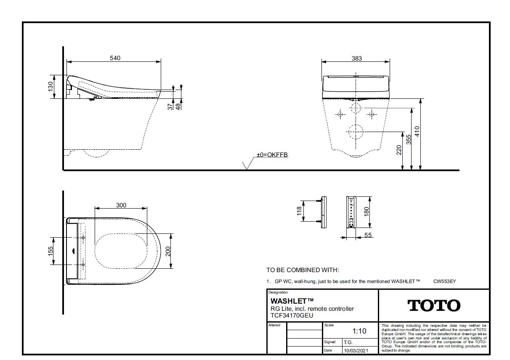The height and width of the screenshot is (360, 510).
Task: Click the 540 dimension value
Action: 115,58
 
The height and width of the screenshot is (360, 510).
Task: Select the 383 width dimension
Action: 357,58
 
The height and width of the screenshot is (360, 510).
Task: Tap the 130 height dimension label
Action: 50,87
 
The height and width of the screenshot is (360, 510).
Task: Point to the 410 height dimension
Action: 417,131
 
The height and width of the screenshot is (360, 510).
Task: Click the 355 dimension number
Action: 409,139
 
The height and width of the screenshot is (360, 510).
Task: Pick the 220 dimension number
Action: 399,150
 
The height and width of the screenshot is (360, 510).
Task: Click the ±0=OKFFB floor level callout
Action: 272,155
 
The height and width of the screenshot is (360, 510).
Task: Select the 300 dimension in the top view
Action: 121,205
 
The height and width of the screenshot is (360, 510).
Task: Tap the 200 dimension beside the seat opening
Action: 168,251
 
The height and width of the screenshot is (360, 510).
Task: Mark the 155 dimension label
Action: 50,251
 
